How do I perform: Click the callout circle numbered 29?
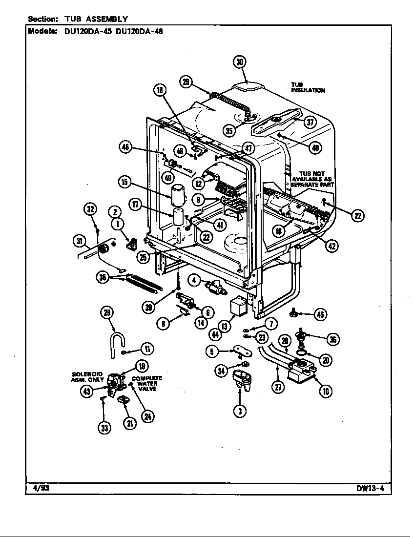pos(186,82)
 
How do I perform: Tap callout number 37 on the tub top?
pos(310,122)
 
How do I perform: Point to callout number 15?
pos(125,182)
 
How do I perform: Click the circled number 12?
pos(199,184)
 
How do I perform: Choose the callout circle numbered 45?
pos(320,314)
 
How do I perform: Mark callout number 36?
pos(333,340)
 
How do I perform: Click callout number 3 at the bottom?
pos(239,411)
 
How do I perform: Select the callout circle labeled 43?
pos(87,391)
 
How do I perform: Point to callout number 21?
pos(129,423)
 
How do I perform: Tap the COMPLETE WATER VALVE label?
pos(147,384)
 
